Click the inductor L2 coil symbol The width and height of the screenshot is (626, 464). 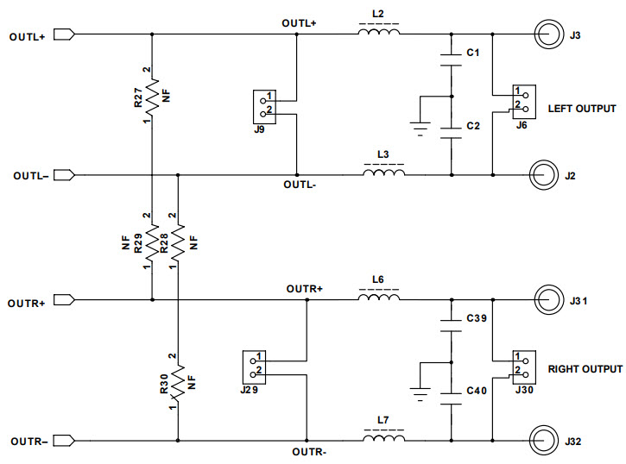point(379,34)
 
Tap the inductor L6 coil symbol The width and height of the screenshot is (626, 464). point(379,299)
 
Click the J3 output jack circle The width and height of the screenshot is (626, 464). point(547,35)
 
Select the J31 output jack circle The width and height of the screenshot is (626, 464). point(547,301)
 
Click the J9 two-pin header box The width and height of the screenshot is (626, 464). point(264,106)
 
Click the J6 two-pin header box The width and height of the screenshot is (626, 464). point(523,102)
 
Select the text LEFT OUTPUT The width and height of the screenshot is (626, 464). point(582,109)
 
